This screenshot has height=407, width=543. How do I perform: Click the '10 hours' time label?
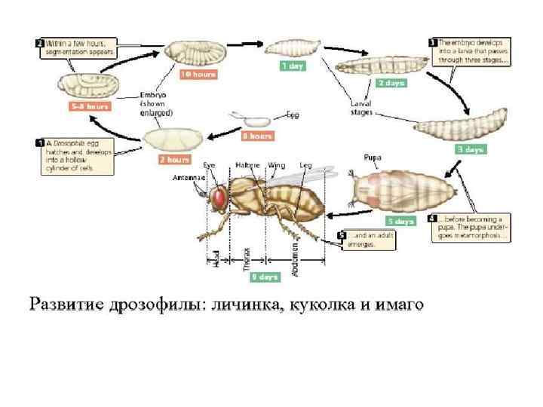pos(198,75)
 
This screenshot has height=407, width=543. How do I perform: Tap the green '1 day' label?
pos(293,66)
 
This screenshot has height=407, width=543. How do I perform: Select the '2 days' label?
pos(391,83)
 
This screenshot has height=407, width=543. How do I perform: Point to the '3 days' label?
pos(470,149)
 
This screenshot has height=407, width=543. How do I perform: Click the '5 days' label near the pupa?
pos(400,221)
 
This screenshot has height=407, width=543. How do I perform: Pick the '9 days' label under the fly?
pos(264,277)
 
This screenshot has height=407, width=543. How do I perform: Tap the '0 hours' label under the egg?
pos(256,136)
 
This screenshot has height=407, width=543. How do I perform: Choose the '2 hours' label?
pos(173,159)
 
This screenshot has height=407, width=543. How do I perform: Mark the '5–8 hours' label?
pos(89,106)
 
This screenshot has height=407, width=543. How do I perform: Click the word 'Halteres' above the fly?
pos(247,164)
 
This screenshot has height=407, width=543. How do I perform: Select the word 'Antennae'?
pos(188,178)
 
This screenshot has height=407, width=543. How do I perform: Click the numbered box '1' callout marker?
pos(39,142)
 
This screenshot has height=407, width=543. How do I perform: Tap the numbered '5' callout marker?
pos(343,235)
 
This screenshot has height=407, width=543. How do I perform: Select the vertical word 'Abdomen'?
pos(295,254)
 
